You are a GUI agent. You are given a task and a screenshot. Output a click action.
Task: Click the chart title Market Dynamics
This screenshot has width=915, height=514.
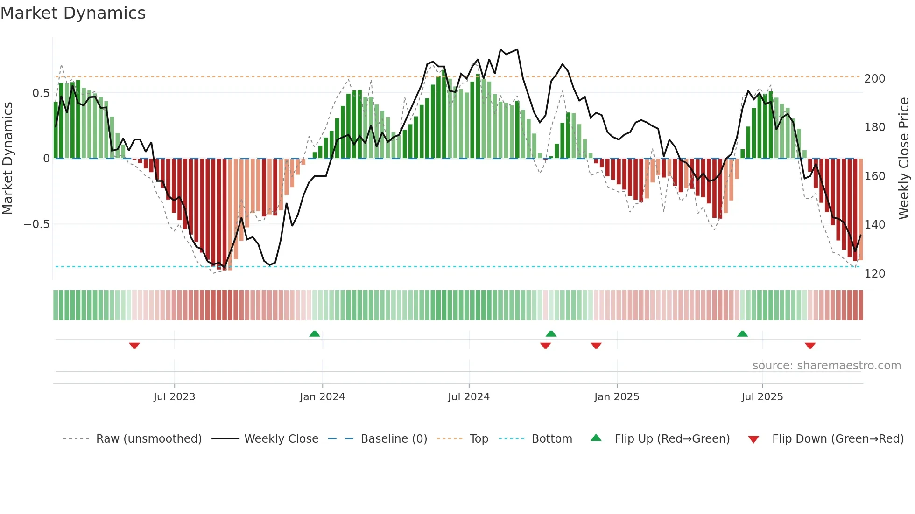point(73,13)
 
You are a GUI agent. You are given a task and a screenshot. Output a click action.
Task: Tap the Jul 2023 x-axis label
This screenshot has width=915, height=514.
point(174,397)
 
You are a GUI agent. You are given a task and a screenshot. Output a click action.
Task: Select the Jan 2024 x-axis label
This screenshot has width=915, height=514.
point(322,397)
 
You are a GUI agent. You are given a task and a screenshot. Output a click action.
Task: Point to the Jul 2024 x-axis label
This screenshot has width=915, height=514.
point(469,397)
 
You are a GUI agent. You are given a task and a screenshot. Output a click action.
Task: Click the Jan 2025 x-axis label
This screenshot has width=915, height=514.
point(617,397)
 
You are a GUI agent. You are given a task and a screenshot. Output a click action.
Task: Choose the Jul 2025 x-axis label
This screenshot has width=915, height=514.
point(762,397)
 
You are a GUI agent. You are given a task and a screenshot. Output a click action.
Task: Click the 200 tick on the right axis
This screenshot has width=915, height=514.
point(874,79)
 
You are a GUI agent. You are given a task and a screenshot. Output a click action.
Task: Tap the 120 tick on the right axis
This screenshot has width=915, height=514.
point(874,274)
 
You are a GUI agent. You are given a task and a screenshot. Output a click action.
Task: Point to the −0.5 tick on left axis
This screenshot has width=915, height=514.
point(37,224)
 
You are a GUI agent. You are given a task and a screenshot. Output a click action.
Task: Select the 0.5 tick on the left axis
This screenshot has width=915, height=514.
point(41,93)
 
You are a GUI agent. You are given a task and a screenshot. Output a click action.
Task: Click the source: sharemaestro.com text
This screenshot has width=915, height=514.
point(826,366)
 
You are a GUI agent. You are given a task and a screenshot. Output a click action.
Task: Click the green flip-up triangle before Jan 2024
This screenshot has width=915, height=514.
point(315,333)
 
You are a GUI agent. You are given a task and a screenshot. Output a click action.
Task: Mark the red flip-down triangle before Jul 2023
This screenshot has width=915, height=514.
point(134,346)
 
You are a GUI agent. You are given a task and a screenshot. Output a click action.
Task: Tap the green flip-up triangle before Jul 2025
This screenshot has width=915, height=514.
point(742,333)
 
